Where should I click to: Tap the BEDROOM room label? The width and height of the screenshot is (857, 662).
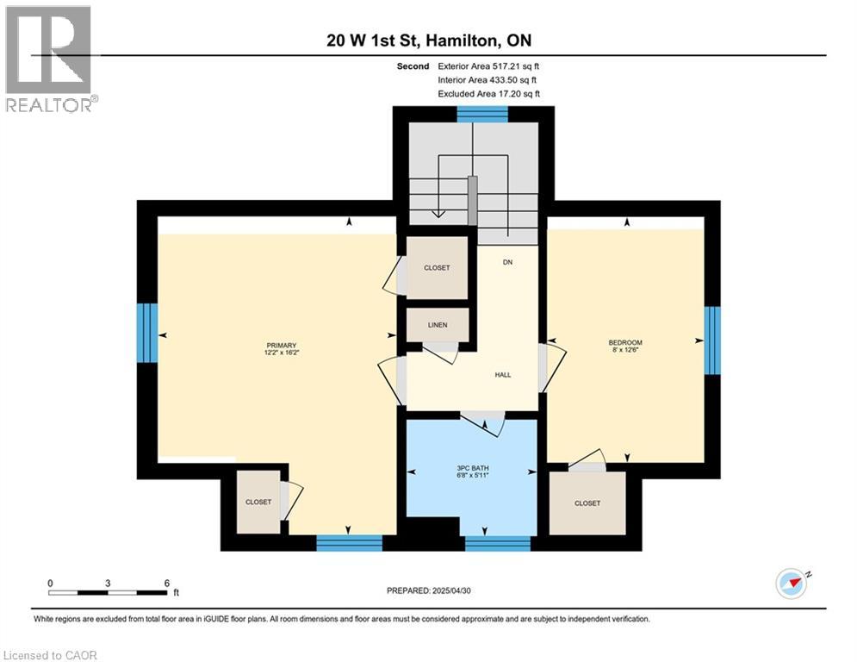click(x=625, y=343)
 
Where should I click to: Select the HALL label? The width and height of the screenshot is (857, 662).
click(x=503, y=375)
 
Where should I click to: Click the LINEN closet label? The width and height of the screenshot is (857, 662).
click(x=438, y=325)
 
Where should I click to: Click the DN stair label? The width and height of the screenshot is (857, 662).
click(x=508, y=262)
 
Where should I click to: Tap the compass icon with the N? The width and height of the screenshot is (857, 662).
click(x=792, y=584)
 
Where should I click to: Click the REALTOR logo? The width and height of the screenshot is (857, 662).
click(x=50, y=59)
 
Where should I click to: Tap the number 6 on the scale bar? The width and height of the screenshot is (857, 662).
click(x=166, y=584)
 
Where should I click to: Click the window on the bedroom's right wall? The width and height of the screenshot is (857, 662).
click(x=711, y=340)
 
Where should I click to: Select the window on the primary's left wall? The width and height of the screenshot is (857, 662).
click(x=148, y=335)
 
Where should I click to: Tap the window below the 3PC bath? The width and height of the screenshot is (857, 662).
click(x=498, y=543)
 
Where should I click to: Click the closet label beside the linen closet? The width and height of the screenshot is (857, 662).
click(x=437, y=268)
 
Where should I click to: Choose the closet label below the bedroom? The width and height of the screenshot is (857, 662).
click(x=587, y=503)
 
